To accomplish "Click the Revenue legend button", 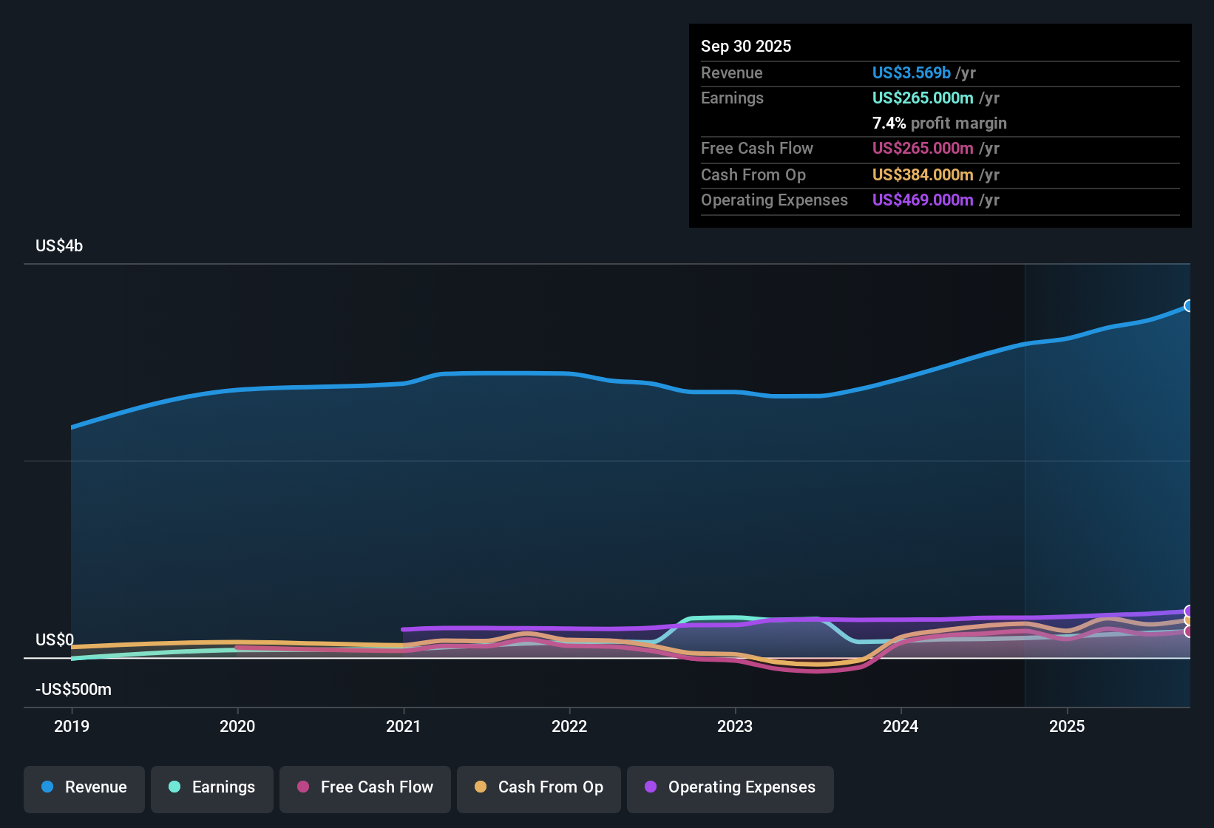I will coord(84,787).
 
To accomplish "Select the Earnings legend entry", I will coord(212,787).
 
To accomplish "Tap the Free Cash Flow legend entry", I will coord(365,787).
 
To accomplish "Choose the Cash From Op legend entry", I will coord(539,787).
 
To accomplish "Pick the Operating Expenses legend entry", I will coord(730,787).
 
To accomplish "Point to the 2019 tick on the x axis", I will coord(72,726).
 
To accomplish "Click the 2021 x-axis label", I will coord(404,726).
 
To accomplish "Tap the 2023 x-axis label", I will coord(735,726).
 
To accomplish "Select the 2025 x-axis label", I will coord(1067,726).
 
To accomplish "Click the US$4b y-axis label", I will coord(59,245).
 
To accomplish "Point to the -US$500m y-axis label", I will coord(73,689).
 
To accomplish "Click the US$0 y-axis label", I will coord(55,639).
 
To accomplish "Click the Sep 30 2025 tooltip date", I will coord(746,46).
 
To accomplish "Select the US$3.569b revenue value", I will coord(911,72).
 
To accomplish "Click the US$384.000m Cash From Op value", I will coord(923,174).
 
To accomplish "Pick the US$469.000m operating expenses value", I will coord(923,200).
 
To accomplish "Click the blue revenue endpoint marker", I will coord(1189,305).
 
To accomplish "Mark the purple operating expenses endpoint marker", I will coord(1189,611).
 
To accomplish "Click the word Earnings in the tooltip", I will coord(732,98).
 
